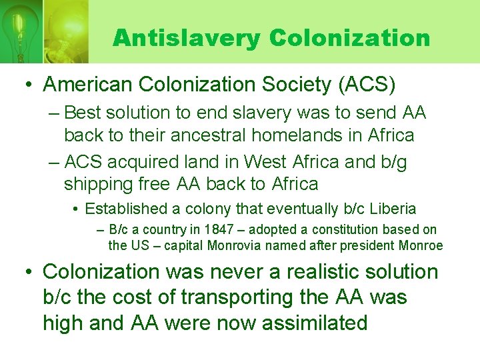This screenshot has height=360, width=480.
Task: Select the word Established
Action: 126,209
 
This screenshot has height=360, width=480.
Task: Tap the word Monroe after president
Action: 420,245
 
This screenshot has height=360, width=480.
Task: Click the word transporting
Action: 275,297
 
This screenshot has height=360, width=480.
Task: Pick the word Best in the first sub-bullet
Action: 85,113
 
